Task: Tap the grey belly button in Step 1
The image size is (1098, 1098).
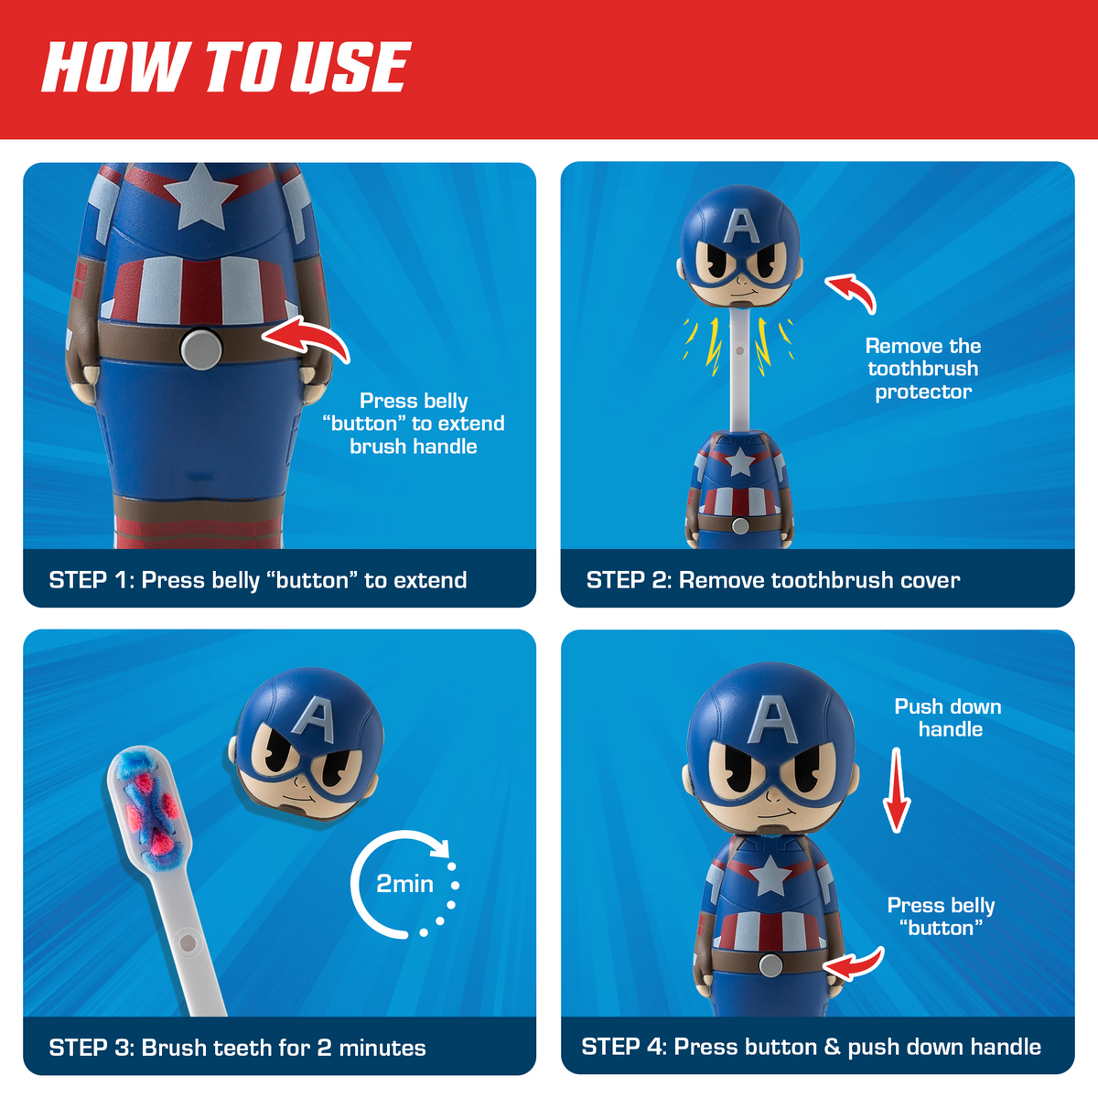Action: coord(200,349)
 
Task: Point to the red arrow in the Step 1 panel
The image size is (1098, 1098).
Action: coord(307,339)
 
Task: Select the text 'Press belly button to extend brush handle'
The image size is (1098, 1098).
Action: coord(414,424)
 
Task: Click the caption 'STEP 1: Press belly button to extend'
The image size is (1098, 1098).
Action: coord(257,580)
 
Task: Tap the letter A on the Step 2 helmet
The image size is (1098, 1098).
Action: coord(741,226)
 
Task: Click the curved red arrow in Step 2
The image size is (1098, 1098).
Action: coord(852,291)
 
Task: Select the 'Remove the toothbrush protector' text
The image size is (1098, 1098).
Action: coord(922,369)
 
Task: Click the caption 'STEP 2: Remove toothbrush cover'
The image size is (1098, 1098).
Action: coord(773,580)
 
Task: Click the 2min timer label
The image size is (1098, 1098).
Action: coord(404,884)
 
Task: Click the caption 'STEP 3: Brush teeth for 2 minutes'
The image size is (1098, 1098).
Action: coord(237,1048)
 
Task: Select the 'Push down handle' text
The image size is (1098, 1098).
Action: coord(948,718)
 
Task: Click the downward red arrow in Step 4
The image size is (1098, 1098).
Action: coord(897,791)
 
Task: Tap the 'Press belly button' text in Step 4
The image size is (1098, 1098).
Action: coord(941,916)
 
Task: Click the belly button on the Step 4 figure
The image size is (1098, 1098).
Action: coord(770,964)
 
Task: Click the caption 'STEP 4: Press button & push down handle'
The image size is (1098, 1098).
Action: coord(811,1047)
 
